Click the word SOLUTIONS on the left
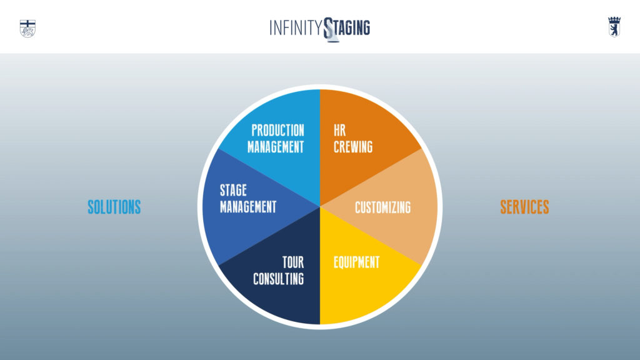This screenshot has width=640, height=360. point(114,207)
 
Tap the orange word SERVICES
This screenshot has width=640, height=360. point(524,207)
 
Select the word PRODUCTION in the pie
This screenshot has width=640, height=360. point(277,130)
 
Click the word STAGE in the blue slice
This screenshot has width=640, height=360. point(234,190)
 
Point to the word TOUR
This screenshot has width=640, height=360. point(293,262)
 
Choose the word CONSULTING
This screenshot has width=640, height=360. point(278,279)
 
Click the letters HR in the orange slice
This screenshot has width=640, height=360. point(339,130)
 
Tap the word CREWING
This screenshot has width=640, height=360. point(353,147)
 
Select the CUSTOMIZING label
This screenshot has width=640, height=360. point(383,207)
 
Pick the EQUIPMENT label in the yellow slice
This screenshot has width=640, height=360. point(357,262)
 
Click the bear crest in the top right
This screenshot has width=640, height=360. point(614,27)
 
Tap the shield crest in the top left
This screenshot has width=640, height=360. point(27,29)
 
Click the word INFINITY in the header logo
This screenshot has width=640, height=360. point(296,28)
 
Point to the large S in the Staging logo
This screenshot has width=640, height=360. point(329,29)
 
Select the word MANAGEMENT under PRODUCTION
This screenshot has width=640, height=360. point(276,147)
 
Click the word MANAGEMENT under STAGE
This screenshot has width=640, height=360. point(248,206)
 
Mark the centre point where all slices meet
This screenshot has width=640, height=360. point(320,207)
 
